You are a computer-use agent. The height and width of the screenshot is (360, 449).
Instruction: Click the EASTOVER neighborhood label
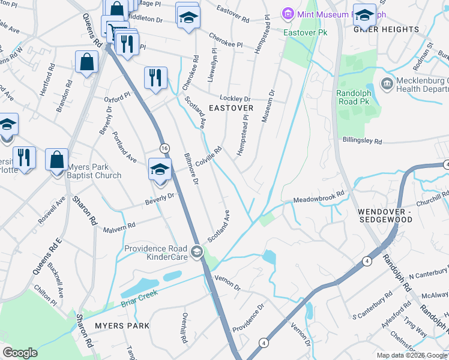tap(231, 108)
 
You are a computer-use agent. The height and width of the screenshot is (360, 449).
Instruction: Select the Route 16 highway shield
tap(164, 148)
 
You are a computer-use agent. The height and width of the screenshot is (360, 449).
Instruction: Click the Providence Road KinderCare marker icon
tap(197, 250)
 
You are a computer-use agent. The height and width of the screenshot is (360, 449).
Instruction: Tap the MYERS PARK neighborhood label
tap(122, 325)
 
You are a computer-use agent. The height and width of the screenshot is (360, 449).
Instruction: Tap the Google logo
tap(20, 353)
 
